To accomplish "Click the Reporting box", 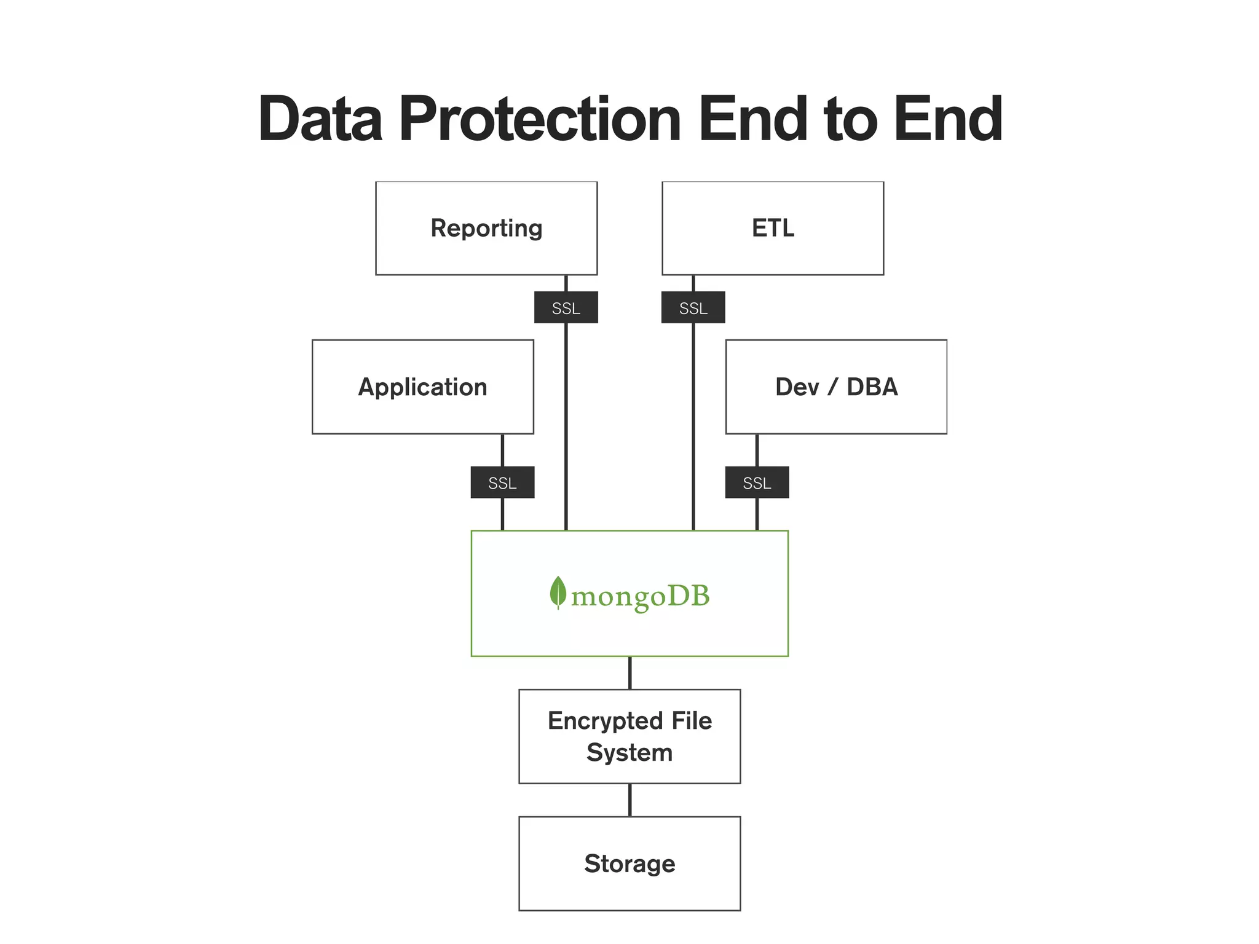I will point(486,228).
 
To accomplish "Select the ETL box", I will point(773,228).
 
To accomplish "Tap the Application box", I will point(422,387).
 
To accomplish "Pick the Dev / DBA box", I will point(836,387).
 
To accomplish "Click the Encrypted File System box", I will point(629,736).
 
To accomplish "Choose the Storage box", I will point(629,863).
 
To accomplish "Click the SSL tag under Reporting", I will point(566,307).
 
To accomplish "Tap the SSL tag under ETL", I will point(693,307).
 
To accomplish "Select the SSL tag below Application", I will point(502,482).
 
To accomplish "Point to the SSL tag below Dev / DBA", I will point(757,482).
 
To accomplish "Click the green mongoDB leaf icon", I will point(558,592).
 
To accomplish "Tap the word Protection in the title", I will point(540,119).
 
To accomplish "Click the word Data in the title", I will point(320,119).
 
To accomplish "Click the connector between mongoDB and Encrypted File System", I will point(629,673).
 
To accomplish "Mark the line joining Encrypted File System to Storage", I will point(629,800).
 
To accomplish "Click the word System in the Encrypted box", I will point(629,753).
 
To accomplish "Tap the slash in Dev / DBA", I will point(833,387).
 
